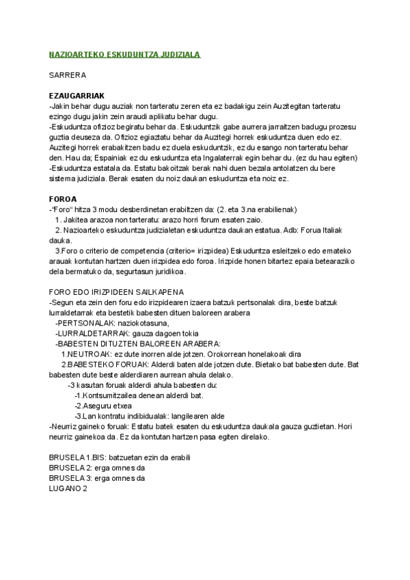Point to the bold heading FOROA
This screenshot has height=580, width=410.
(63, 199)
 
